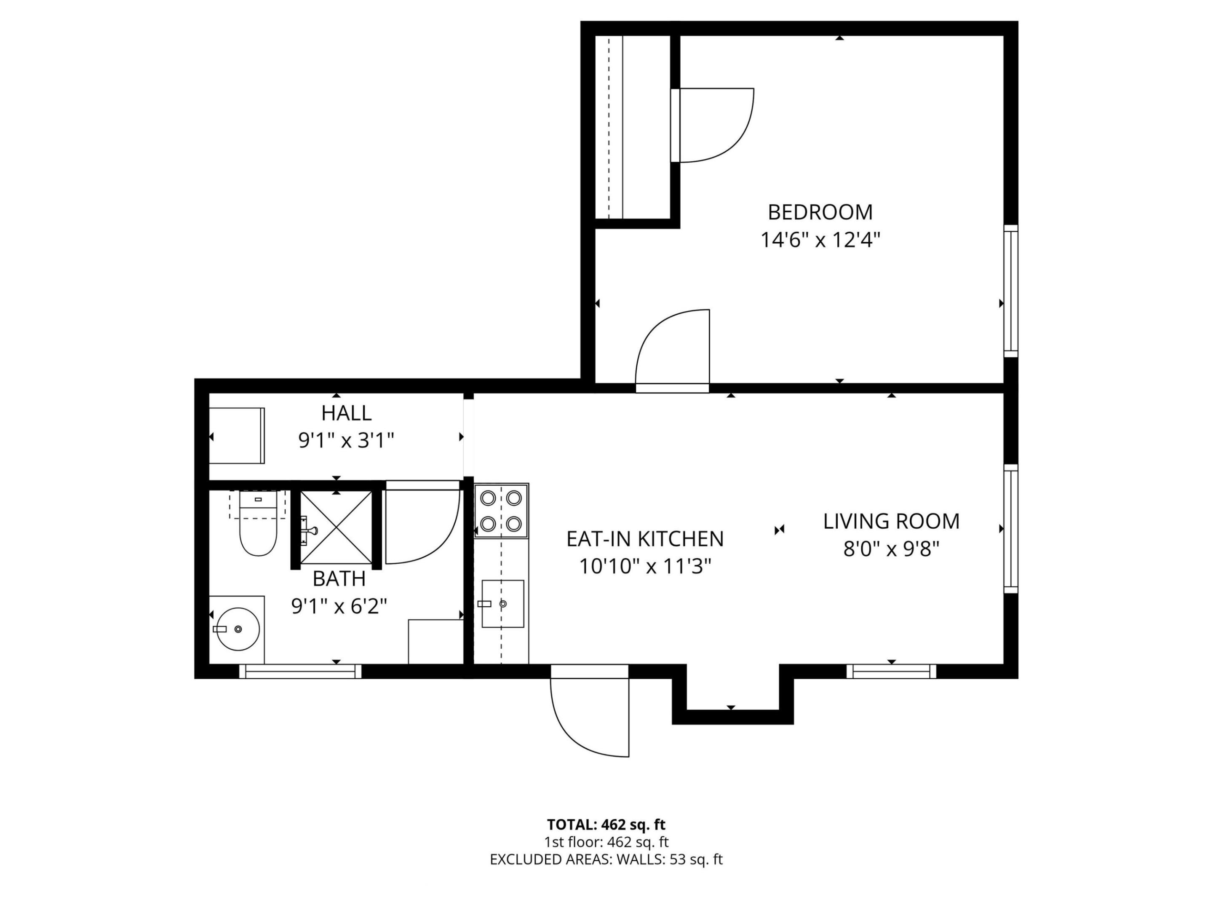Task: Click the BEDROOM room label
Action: click(820, 212)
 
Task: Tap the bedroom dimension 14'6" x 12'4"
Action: click(820, 240)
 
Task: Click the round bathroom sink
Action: click(238, 629)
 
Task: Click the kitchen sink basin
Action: click(502, 603)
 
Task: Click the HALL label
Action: click(346, 413)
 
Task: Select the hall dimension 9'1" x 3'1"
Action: click(346, 440)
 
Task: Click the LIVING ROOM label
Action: click(891, 521)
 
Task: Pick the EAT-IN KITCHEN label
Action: click(645, 539)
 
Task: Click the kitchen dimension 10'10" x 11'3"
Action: click(645, 567)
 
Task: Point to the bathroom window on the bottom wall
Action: click(300, 672)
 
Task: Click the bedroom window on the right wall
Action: click(1011, 291)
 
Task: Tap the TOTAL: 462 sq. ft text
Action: click(606, 824)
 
